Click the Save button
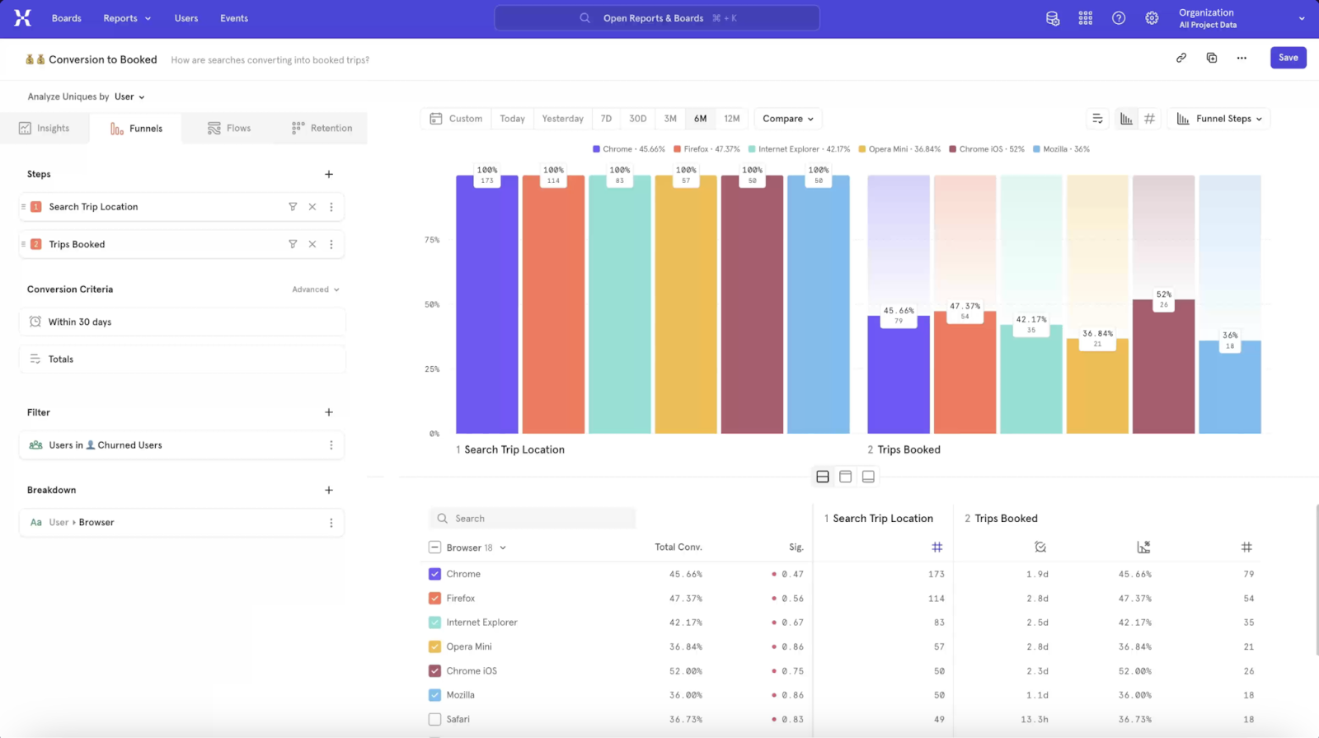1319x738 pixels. pyautogui.click(x=1288, y=58)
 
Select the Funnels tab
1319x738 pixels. pyautogui.click(x=136, y=129)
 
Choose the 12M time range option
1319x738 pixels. pyautogui.click(x=731, y=119)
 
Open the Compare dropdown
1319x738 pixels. pyautogui.click(x=787, y=119)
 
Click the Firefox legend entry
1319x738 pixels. pyautogui.click(x=706, y=149)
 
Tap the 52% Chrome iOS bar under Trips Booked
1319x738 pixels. pyautogui.click(x=1163, y=371)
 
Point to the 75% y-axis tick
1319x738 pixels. pyautogui.click(x=432, y=240)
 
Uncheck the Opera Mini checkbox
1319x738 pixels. pyautogui.click(x=434, y=646)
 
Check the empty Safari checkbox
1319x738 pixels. pyautogui.click(x=434, y=719)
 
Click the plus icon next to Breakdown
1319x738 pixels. pyautogui.click(x=329, y=490)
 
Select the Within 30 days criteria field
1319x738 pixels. pyautogui.click(x=181, y=322)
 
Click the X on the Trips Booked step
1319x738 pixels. pyautogui.click(x=312, y=244)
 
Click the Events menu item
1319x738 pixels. pyautogui.click(x=234, y=18)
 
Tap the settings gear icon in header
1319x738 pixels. pyautogui.click(x=1152, y=18)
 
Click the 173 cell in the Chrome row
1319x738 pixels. pyautogui.click(x=936, y=574)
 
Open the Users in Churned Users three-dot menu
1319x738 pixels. pyautogui.click(x=331, y=445)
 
